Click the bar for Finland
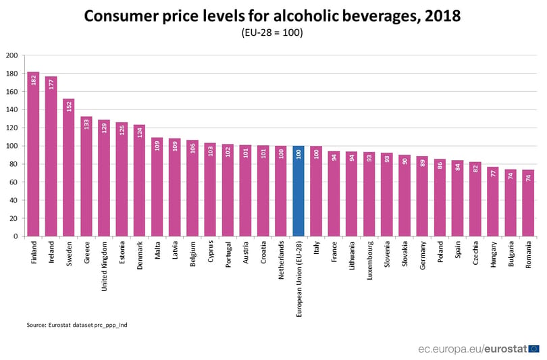click(x=33, y=154)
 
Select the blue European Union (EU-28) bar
click(x=298, y=191)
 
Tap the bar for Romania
click(x=528, y=203)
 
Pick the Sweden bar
click(x=68, y=168)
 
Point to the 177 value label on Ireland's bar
click(x=51, y=84)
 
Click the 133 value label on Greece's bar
click(x=86, y=124)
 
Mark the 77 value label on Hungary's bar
click(x=493, y=174)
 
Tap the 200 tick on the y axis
click(x=12, y=55)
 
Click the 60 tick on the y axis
click(x=14, y=182)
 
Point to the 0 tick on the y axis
click(x=16, y=236)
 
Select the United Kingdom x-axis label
click(x=104, y=267)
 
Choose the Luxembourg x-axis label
click(x=369, y=260)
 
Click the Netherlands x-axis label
click(x=281, y=260)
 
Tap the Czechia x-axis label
click(x=475, y=253)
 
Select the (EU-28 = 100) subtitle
click(x=272, y=32)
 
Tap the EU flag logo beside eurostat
click(x=533, y=349)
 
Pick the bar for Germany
click(x=422, y=196)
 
